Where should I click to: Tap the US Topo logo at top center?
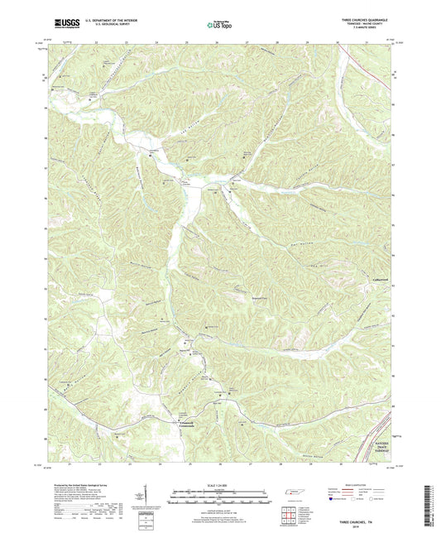point(220,26)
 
